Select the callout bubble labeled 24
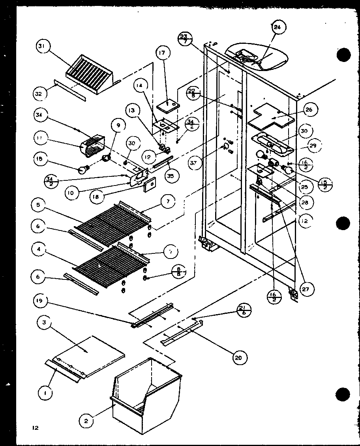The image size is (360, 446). [x=279, y=27]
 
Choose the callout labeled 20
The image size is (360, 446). [x=238, y=358]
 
